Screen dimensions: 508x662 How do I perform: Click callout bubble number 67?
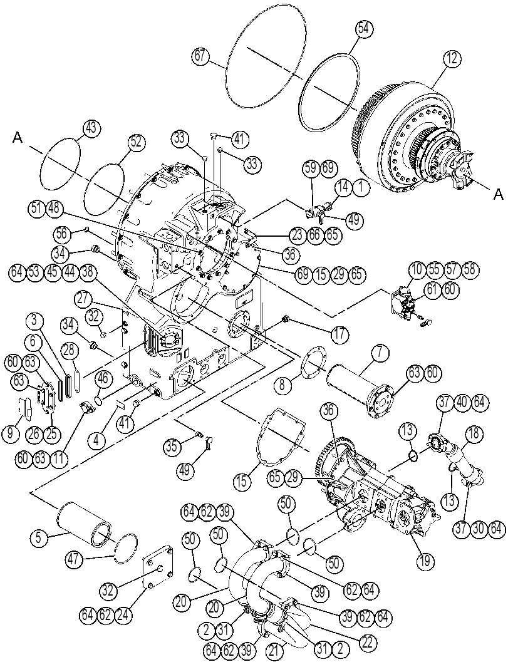[x=201, y=57]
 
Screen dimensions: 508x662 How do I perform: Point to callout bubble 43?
[x=92, y=129]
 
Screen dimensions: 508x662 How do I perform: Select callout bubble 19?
[x=424, y=561]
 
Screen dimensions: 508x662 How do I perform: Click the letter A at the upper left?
[x=18, y=138]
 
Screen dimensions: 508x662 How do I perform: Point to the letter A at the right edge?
[x=499, y=194]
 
